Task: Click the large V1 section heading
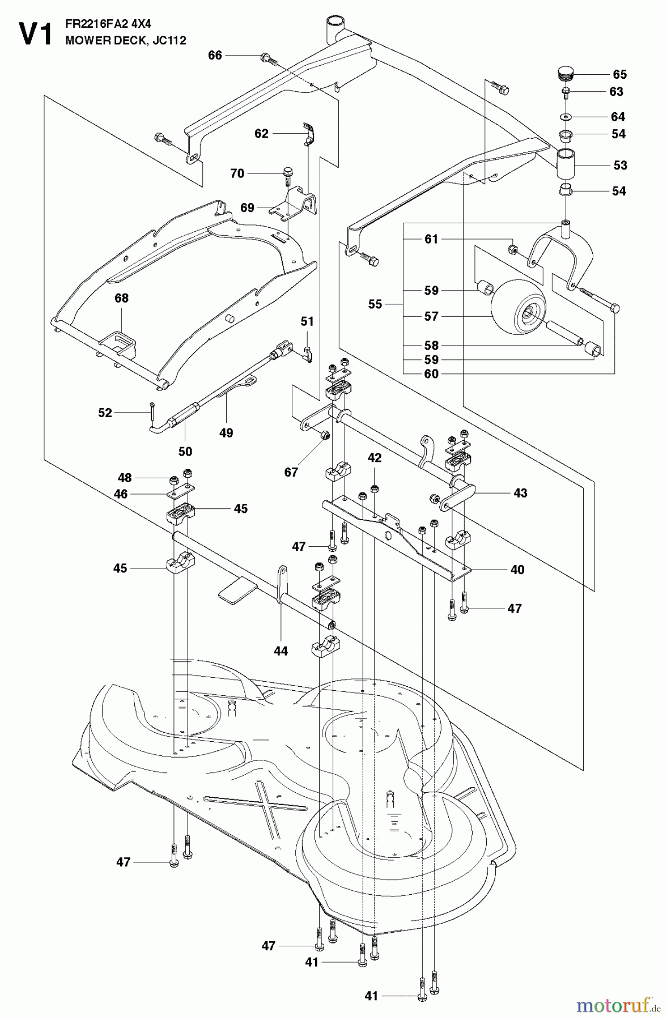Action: point(35,33)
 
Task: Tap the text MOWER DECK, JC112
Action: point(125,41)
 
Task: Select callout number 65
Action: point(620,75)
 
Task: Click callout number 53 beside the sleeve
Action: point(621,165)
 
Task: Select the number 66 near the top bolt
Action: point(215,55)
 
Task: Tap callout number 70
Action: point(237,173)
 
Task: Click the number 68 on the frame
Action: point(121,298)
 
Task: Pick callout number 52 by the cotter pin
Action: point(105,413)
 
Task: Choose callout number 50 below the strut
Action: point(185,452)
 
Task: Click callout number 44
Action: point(281,651)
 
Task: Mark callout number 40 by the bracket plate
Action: point(517,569)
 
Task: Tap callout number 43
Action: point(520,493)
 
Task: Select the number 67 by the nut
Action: point(291,472)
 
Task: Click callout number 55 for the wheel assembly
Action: point(375,304)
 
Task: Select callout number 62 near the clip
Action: point(261,134)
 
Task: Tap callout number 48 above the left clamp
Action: point(125,478)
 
